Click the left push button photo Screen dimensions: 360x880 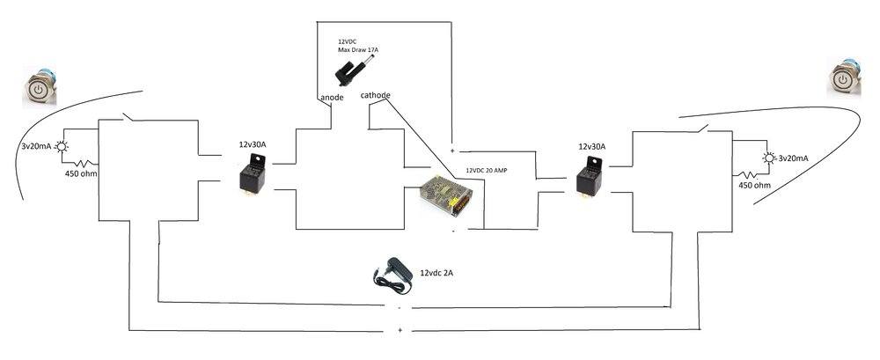[40, 89]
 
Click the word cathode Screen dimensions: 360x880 [376, 94]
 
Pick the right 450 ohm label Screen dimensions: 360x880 [754, 186]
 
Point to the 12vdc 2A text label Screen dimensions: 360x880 [437, 273]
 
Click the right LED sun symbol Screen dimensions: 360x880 [770, 158]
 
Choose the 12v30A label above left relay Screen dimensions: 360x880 [255, 143]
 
